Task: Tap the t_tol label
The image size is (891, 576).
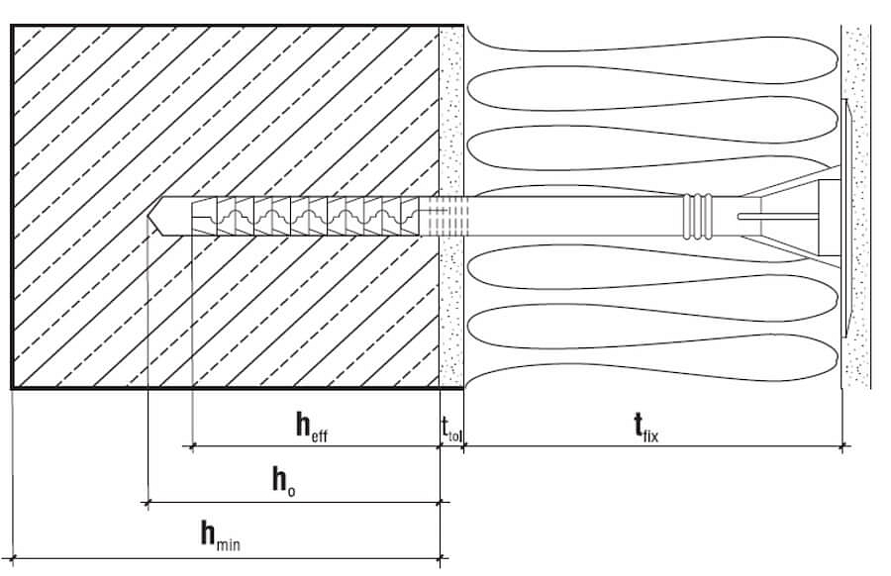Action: (451, 428)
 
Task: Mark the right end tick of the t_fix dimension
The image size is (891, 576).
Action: (842, 447)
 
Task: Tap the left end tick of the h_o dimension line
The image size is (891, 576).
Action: (148, 503)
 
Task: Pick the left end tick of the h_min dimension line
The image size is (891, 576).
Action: (12, 558)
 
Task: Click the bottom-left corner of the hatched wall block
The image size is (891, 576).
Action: (13, 386)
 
